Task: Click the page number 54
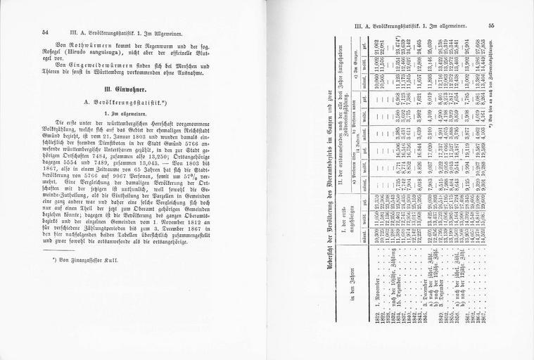tap(46, 32)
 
